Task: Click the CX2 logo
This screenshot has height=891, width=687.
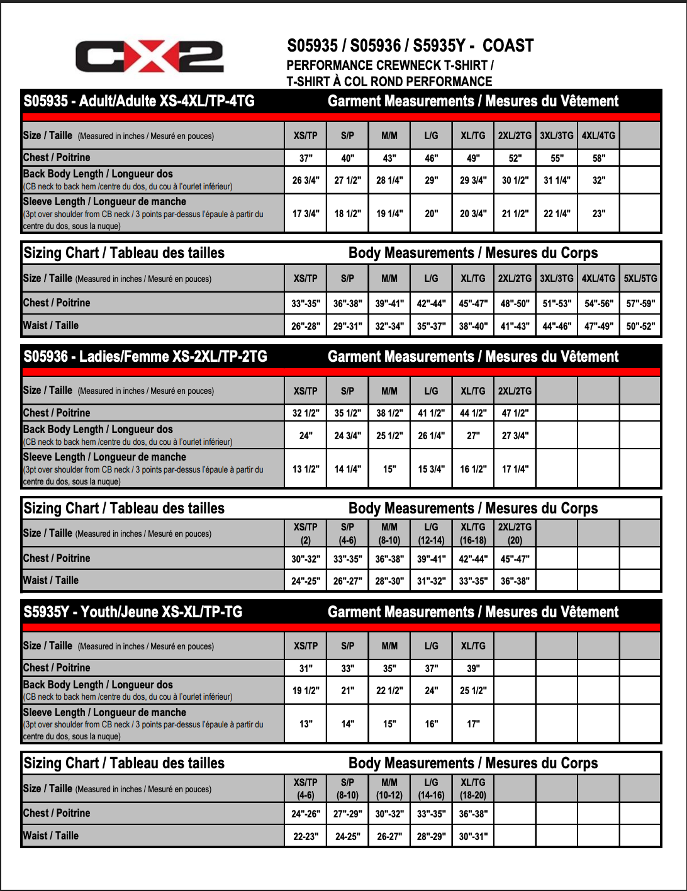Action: pyautogui.click(x=149, y=57)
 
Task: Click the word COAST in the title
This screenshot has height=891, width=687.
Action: pyautogui.click(x=508, y=46)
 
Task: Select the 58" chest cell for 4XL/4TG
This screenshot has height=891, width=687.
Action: pyautogui.click(x=598, y=158)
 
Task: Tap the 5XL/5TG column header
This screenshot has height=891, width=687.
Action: pyautogui.click(x=640, y=278)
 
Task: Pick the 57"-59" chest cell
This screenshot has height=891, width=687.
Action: pyautogui.click(x=640, y=303)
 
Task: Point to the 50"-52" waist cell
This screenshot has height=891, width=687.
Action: pyautogui.click(x=640, y=326)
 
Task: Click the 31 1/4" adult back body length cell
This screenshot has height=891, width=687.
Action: pyautogui.click(x=557, y=180)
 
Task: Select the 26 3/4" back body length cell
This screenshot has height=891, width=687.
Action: pyautogui.click(x=306, y=180)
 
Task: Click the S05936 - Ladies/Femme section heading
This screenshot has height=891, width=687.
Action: pyautogui.click(x=145, y=357)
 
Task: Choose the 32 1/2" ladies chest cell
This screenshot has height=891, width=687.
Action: pyautogui.click(x=306, y=413)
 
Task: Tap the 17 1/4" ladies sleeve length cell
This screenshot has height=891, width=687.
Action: pyautogui.click(x=515, y=469)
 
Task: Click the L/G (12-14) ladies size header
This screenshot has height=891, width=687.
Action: pyautogui.click(x=431, y=534)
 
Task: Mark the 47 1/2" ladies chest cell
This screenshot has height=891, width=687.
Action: pyautogui.click(x=515, y=413)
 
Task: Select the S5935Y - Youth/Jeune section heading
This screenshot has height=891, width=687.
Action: pyautogui.click(x=133, y=612)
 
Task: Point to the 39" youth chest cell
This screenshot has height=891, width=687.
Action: pyautogui.click(x=473, y=668)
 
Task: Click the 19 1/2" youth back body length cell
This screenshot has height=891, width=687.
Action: pyautogui.click(x=306, y=690)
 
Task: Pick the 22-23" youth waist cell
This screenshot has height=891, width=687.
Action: pyautogui.click(x=306, y=836)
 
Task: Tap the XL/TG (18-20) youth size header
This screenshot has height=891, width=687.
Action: pyautogui.click(x=473, y=788)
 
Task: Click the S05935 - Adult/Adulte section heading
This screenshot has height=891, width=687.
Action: pyautogui.click(x=139, y=101)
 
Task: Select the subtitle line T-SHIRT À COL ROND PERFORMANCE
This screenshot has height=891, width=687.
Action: pyautogui.click(x=389, y=82)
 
